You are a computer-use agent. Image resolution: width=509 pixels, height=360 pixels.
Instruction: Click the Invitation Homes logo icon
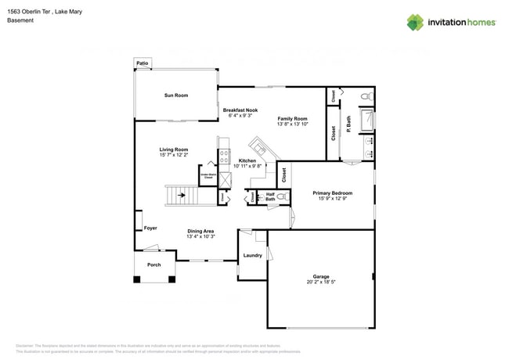tap(415, 22)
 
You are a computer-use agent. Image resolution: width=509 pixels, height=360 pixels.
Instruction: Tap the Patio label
tap(143, 63)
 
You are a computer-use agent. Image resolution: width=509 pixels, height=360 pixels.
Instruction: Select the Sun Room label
tap(175, 95)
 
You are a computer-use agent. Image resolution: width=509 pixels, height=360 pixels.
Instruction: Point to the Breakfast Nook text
tap(240, 110)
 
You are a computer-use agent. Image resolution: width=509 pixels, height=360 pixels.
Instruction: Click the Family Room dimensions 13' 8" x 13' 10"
tap(292, 124)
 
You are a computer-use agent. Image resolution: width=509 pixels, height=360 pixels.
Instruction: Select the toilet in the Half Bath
tap(280, 198)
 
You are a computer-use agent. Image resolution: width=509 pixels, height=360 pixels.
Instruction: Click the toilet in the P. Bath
tap(365, 96)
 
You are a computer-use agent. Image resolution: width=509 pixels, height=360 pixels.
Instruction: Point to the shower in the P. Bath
tap(365, 120)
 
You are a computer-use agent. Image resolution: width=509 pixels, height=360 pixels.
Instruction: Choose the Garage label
tap(321, 277)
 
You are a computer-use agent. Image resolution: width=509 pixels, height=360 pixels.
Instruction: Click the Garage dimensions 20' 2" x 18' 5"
tap(321, 284)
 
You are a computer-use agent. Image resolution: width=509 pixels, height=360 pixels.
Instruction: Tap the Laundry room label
tap(252, 256)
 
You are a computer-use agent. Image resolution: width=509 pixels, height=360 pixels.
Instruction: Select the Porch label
tap(154, 265)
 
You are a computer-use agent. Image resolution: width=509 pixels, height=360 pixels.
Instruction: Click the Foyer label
tap(150, 229)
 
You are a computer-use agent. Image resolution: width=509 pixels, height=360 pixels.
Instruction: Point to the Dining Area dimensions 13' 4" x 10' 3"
tap(200, 237)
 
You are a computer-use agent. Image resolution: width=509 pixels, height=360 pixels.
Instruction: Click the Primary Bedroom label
tap(332, 193)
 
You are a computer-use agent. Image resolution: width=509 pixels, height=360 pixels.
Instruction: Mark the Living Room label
tap(174, 149)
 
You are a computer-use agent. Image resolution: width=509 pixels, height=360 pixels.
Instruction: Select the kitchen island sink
tap(258, 146)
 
